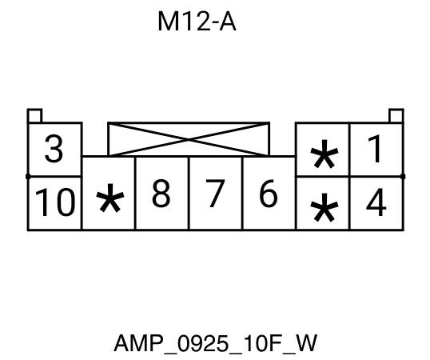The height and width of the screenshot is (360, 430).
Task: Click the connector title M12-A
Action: (x=197, y=22)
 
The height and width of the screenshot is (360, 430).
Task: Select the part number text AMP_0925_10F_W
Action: (x=216, y=343)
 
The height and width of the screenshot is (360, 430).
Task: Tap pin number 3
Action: (x=54, y=149)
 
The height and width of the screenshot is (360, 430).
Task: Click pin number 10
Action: (x=55, y=202)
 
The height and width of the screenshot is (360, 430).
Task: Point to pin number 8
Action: (x=161, y=193)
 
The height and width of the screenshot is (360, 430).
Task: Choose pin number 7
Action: (x=215, y=193)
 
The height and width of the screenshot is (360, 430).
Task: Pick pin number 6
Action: (x=269, y=193)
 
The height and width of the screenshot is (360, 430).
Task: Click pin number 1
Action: (x=376, y=149)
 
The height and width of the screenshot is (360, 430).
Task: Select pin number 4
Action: (x=376, y=202)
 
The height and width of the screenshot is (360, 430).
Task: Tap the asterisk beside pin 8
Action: (x=110, y=198)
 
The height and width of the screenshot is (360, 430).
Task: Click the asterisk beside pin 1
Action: (x=324, y=154)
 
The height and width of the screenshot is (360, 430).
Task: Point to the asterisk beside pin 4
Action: (x=324, y=207)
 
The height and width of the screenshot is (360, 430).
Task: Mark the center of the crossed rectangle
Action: (x=189, y=139)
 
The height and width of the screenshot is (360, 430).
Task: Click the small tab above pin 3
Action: (x=34, y=115)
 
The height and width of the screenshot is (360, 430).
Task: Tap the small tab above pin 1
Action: (x=396, y=115)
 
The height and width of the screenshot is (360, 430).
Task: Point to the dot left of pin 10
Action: (x=28, y=177)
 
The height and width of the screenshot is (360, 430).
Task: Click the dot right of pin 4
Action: (x=403, y=177)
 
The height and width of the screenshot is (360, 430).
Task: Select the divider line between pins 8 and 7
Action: (x=189, y=193)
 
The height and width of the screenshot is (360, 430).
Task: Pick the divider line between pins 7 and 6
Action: (x=242, y=193)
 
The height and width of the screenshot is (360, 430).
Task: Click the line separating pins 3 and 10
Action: (x=54, y=177)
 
